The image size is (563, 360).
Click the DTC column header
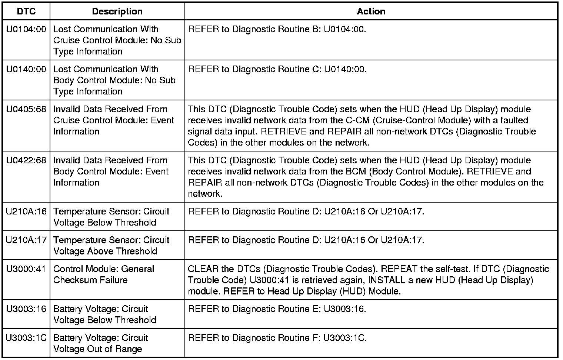pyautogui.click(x=26, y=11)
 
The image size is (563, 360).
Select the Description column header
pyautogui.click(x=117, y=11)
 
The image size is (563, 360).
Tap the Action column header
pyautogui.click(x=371, y=11)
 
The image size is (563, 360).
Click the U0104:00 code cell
pyautogui.click(x=26, y=29)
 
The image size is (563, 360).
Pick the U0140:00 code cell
pyautogui.click(x=26, y=69)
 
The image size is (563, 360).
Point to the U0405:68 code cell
pyautogui.click(x=26, y=109)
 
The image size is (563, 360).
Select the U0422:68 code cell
pyautogui.click(x=26, y=160)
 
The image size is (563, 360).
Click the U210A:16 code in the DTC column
pyautogui.click(x=26, y=211)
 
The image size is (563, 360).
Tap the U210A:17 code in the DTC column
pyautogui.click(x=26, y=240)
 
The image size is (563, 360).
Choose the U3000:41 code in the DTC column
pyautogui.click(x=26, y=269)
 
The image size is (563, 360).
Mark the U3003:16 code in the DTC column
pyautogui.click(x=26, y=309)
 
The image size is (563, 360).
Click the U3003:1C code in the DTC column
pyautogui.click(x=26, y=338)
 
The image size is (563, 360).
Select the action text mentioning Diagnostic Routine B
pyautogui.click(x=277, y=29)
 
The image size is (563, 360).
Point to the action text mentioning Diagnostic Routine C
pyautogui.click(x=277, y=69)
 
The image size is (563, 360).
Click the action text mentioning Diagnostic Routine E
pyautogui.click(x=277, y=309)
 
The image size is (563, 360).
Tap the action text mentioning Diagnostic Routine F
pyautogui.click(x=277, y=338)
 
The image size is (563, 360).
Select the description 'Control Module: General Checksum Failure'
pyautogui.click(x=104, y=274)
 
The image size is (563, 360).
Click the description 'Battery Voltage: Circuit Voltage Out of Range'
pyautogui.click(x=101, y=343)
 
